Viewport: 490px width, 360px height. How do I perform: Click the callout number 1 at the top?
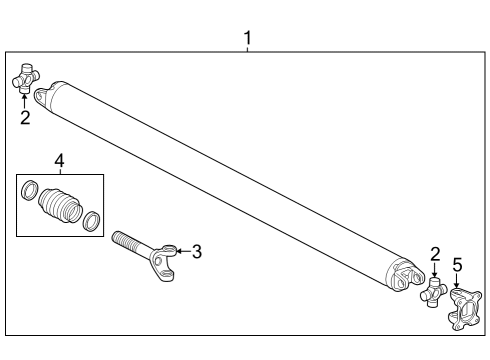(x=247, y=38)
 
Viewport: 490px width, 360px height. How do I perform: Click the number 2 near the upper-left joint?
(x=25, y=118)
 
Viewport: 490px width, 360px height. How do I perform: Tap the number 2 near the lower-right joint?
(x=435, y=254)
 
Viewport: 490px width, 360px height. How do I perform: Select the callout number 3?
(x=197, y=251)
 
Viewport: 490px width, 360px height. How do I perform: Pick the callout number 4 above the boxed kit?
(x=59, y=161)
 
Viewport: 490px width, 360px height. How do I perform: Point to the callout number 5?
(x=457, y=265)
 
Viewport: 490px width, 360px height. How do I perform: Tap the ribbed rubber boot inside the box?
(x=59, y=203)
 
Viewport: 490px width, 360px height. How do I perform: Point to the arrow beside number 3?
(x=181, y=251)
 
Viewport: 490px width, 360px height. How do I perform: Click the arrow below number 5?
(x=457, y=281)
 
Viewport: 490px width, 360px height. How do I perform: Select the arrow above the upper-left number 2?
(x=25, y=100)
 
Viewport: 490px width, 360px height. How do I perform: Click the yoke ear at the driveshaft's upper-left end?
(x=43, y=94)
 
